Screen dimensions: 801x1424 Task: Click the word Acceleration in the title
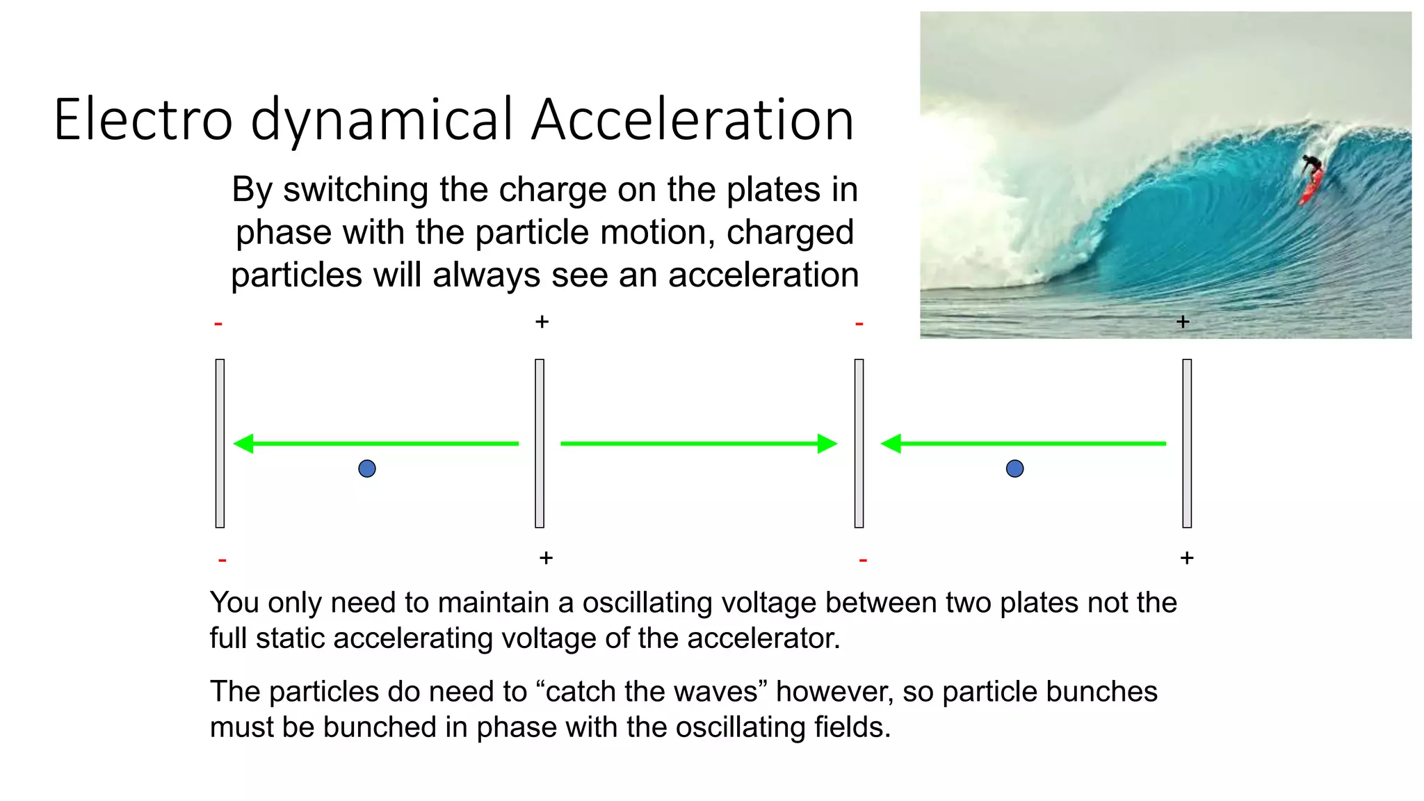tap(693, 120)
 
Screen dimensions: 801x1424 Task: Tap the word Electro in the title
tap(143, 120)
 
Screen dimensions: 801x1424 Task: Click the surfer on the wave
tap(1311, 165)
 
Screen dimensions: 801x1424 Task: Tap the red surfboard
tap(1311, 186)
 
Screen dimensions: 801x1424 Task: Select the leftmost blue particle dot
tap(367, 469)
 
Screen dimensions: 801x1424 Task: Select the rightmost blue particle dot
tap(1014, 469)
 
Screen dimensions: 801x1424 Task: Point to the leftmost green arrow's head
tap(244, 444)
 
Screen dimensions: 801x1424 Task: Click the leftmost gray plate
tap(220, 444)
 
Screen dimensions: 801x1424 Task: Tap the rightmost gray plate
tap(1187, 444)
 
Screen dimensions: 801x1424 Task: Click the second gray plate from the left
tap(540, 444)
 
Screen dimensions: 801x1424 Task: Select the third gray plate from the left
tap(859, 444)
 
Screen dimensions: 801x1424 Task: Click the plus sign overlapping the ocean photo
tap(1183, 322)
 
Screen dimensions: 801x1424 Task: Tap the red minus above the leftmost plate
tap(218, 324)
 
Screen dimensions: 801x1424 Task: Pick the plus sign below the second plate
tap(546, 558)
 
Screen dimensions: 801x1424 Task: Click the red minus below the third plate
tap(863, 560)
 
